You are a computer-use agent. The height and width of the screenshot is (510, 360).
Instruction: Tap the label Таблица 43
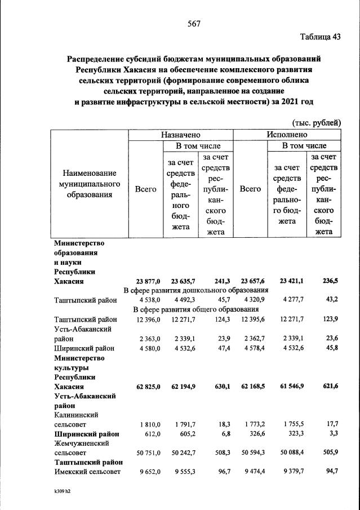(x=321, y=37)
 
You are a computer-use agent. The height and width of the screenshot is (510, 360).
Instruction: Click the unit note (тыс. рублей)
(x=317, y=122)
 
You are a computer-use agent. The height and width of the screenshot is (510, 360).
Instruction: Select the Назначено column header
(x=180, y=135)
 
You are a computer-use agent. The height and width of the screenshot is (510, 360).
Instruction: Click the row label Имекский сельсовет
(x=87, y=472)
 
